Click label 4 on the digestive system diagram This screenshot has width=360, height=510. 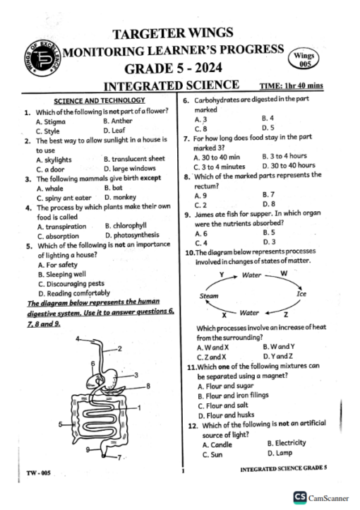pyautogui.click(x=77, y=339)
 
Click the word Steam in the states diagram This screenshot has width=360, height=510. pyautogui.click(x=210, y=296)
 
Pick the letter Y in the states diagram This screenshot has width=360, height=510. pyautogui.click(x=222, y=273)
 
